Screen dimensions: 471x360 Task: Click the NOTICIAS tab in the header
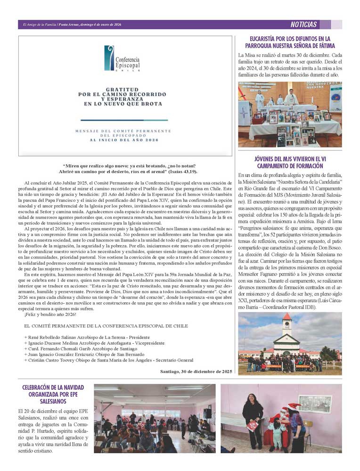click(x=303, y=25)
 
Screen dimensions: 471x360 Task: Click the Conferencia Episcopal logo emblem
click(x=109, y=58)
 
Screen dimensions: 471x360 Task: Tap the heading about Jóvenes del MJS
click(x=290, y=163)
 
